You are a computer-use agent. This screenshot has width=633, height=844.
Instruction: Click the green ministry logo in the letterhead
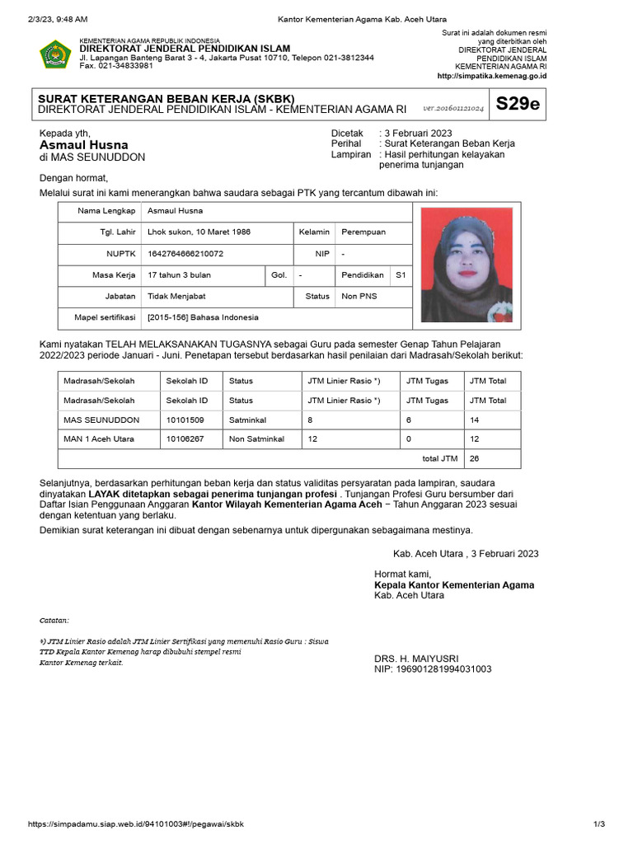point(55,54)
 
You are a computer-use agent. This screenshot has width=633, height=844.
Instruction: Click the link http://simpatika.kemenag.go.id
point(491,76)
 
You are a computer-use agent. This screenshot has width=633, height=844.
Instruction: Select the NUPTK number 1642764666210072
point(185,254)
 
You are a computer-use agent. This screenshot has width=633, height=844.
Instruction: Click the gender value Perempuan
point(363,232)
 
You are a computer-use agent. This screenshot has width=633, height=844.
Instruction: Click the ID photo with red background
point(466,265)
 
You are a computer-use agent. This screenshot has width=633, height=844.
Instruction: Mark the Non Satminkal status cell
point(256,439)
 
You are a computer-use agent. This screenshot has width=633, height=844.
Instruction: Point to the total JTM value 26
point(475,459)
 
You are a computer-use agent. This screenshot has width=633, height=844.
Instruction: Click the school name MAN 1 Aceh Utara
point(99,439)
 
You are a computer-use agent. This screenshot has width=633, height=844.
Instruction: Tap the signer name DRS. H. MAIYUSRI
point(416,658)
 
